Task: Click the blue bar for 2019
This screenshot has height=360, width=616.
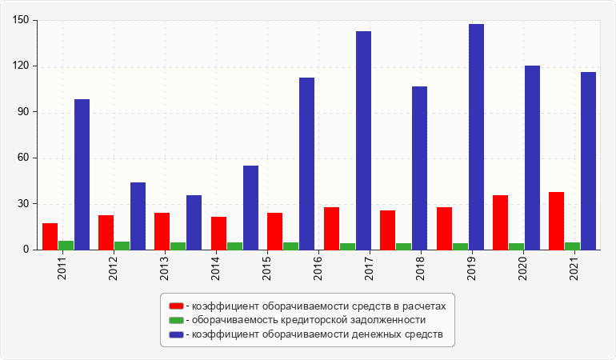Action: click(476, 137)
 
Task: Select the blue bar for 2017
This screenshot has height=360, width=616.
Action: click(363, 140)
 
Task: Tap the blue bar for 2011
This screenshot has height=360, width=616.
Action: click(82, 174)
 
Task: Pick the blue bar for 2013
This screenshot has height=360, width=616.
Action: click(194, 222)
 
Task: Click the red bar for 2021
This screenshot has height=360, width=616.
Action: click(556, 221)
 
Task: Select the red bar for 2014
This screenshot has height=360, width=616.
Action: click(218, 233)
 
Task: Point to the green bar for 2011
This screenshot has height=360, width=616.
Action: click(66, 245)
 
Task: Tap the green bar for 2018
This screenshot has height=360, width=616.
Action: click(403, 246)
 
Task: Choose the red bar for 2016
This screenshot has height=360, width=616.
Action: click(331, 228)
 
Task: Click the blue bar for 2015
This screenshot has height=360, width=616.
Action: click(250, 207)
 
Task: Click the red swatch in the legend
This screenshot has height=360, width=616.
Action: click(176, 306)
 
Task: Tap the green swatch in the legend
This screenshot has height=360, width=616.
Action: click(176, 320)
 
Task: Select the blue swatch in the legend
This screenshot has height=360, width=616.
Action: click(176, 334)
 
